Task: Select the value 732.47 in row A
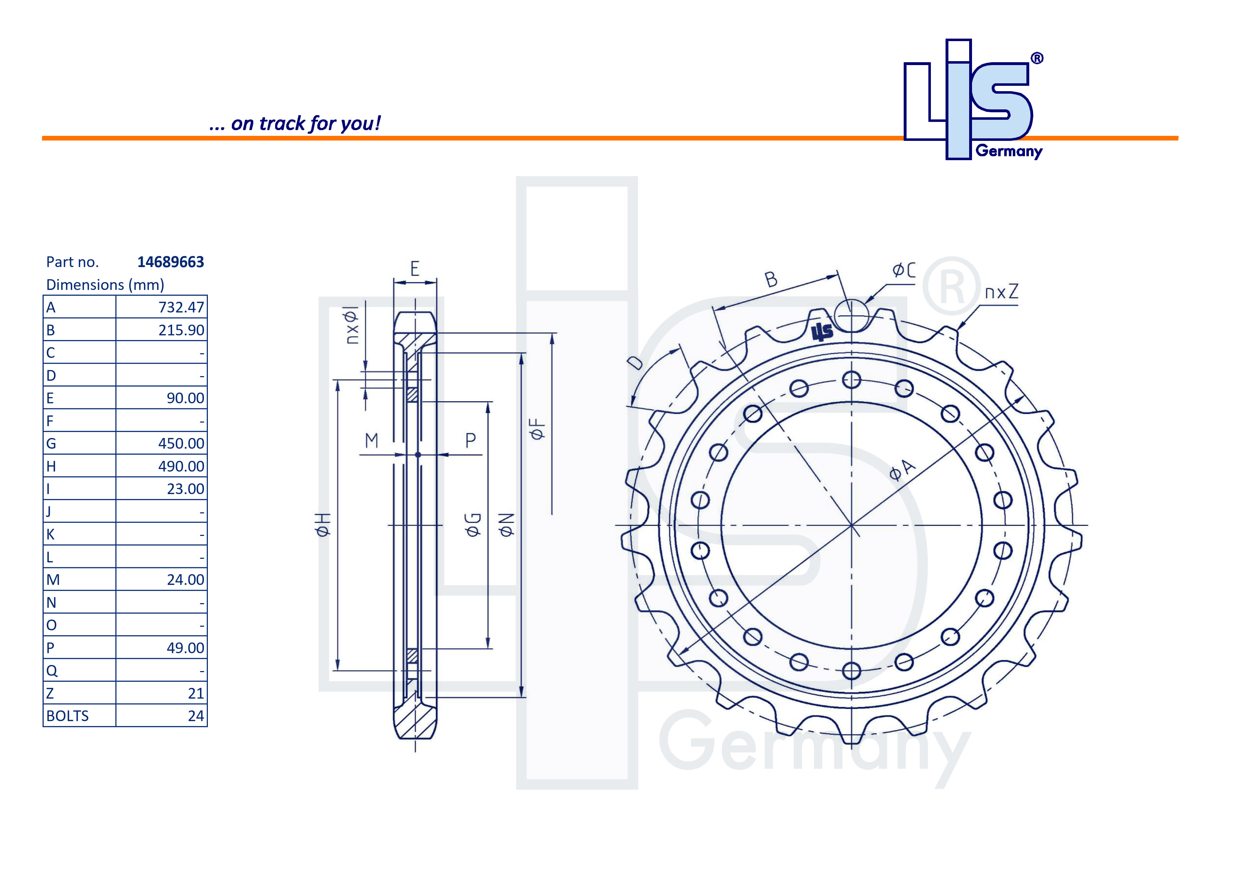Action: point(181,307)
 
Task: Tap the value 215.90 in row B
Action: point(181,330)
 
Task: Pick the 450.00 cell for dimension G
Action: point(181,443)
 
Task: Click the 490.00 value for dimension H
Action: point(181,467)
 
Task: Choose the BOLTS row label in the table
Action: point(67,716)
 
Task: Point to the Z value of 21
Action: point(196,694)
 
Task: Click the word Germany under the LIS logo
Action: point(1009,151)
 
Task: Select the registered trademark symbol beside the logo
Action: point(1036,58)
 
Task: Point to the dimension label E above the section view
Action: point(415,269)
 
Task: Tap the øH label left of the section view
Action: point(323,524)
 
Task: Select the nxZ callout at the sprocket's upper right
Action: point(1001,292)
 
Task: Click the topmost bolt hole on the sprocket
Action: point(851,380)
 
